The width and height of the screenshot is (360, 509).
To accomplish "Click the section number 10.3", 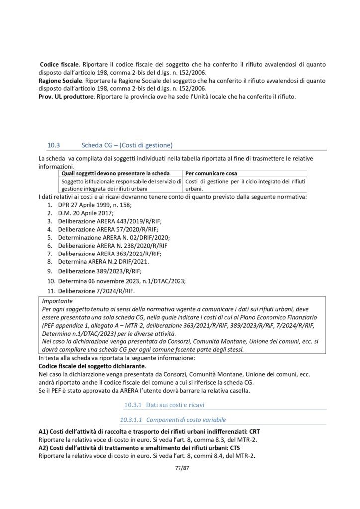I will click(x=53, y=145).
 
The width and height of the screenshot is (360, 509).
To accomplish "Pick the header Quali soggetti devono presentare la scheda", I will click(x=115, y=173).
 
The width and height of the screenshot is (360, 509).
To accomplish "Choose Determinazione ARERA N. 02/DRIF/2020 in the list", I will click(x=114, y=238).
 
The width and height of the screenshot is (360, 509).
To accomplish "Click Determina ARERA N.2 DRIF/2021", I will click(x=103, y=261).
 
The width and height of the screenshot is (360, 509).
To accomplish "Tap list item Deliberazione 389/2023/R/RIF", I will click(x=99, y=271).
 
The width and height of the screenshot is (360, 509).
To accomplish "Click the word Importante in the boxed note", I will click(x=57, y=301).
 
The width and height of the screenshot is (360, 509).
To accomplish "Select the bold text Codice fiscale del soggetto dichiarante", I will click(x=91, y=365).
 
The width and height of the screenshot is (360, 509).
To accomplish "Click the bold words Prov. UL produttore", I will click(x=66, y=96).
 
